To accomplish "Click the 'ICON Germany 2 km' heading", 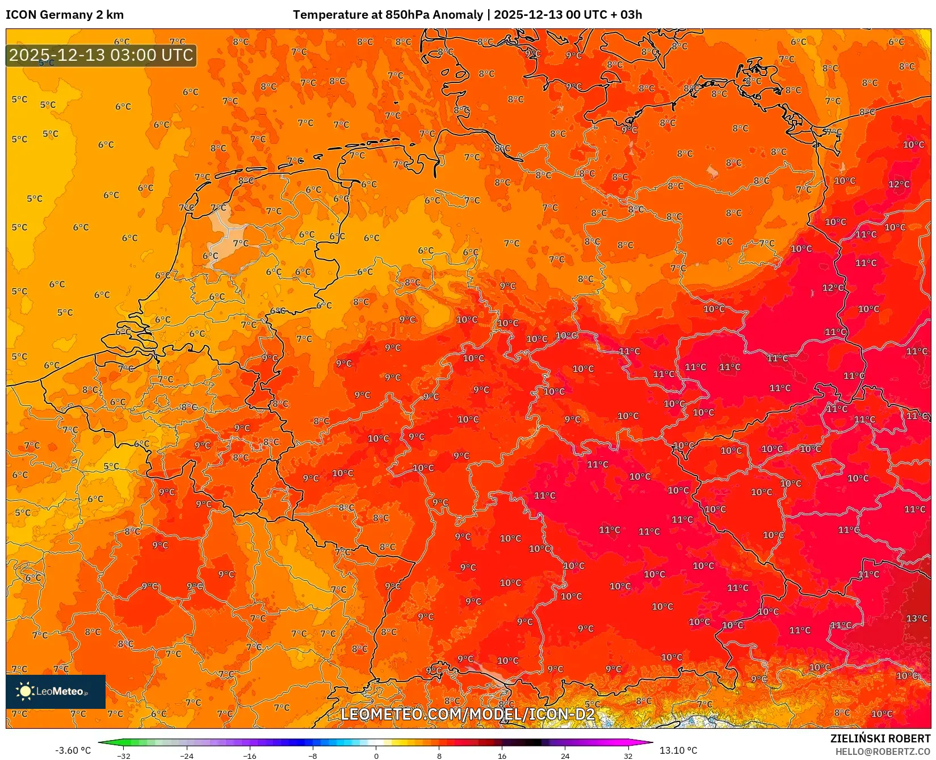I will (x=65, y=15).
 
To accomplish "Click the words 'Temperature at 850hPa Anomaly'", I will (x=388, y=15).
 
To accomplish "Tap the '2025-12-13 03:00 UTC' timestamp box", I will (x=101, y=55).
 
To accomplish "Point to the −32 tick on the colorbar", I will (x=124, y=755).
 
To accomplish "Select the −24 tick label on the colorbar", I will (x=187, y=755).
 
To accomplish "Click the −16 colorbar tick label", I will (x=250, y=755).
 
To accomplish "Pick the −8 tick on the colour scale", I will (x=313, y=755).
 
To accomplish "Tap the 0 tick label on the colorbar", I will (x=376, y=755).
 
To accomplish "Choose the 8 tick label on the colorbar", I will (x=439, y=755).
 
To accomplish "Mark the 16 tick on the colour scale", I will (x=502, y=755).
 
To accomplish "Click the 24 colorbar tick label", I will (x=565, y=755).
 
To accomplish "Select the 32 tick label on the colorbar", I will (x=628, y=755).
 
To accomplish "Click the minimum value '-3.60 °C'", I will (x=73, y=750).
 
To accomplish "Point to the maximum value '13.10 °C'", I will (x=678, y=750).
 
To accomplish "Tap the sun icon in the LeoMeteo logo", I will (x=25, y=691).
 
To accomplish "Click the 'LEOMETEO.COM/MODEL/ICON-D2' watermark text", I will (x=468, y=714).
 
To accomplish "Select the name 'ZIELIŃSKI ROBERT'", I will (x=880, y=738).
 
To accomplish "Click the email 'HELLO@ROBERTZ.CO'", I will (x=883, y=751).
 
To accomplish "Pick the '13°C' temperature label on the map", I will (x=917, y=618).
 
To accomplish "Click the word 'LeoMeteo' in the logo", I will (x=60, y=691).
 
